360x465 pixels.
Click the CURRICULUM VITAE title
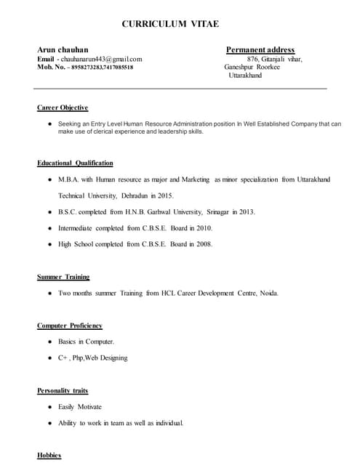(x=169, y=24)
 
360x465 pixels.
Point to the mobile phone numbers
(x=101, y=67)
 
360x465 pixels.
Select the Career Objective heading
(x=63, y=108)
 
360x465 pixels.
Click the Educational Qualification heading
(x=75, y=163)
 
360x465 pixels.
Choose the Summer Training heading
(x=64, y=277)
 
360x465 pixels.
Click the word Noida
(x=268, y=294)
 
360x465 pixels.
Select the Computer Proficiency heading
(x=70, y=325)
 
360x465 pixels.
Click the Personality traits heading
(x=63, y=391)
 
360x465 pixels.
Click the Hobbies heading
(x=49, y=456)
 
